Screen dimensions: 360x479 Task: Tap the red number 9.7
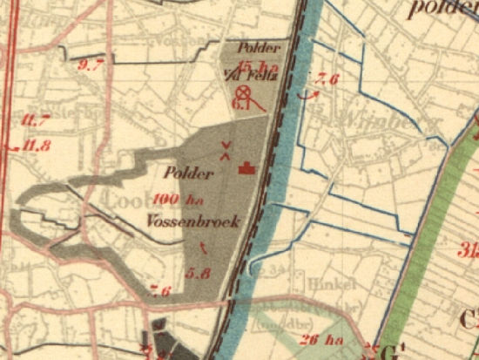91,64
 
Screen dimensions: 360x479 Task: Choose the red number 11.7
37,119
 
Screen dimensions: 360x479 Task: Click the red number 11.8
36,146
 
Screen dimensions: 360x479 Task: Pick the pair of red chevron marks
226,151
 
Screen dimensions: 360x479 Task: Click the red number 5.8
199,273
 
